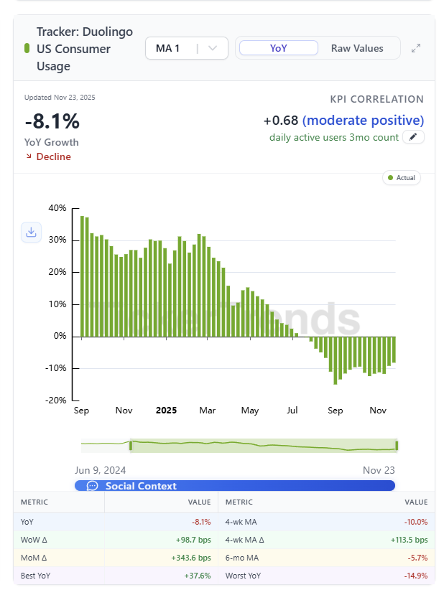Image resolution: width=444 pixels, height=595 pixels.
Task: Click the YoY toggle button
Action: pyautogui.click(x=278, y=48)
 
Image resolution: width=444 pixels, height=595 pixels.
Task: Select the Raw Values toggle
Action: pyautogui.click(x=357, y=48)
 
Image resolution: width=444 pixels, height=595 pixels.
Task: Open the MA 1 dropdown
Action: pyautogui.click(x=186, y=48)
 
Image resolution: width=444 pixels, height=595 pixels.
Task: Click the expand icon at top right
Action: pyautogui.click(x=416, y=48)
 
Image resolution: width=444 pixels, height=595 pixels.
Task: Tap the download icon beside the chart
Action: pyautogui.click(x=31, y=232)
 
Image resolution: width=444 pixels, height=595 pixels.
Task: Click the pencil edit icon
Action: pyautogui.click(x=413, y=137)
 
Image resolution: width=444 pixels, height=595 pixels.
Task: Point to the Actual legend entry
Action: pyautogui.click(x=402, y=177)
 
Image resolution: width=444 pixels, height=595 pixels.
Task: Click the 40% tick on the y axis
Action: pyautogui.click(x=57, y=208)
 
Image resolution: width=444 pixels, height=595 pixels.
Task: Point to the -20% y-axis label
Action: pyautogui.click(x=57, y=400)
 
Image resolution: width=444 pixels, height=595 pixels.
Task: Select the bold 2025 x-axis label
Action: pyautogui.click(x=166, y=411)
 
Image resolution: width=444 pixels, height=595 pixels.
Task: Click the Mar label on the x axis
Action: pyautogui.click(x=208, y=411)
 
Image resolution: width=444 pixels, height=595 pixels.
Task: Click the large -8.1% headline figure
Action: pyautogui.click(x=52, y=121)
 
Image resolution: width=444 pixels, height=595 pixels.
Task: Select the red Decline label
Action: pyautogui.click(x=53, y=156)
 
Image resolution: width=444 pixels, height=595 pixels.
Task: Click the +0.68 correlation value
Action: pyautogui.click(x=281, y=120)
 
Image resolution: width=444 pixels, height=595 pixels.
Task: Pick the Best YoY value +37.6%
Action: pyautogui.click(x=198, y=576)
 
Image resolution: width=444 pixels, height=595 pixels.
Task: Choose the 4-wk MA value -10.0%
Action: pyautogui.click(x=415, y=522)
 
